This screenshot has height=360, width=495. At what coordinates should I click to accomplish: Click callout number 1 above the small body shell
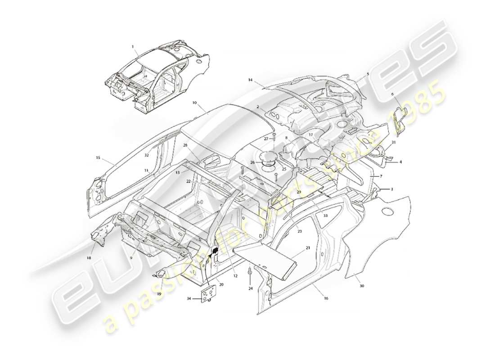coord(133,47)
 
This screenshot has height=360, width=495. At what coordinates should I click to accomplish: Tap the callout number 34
coord(189,298)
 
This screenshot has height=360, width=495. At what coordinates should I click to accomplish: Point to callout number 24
coord(251,288)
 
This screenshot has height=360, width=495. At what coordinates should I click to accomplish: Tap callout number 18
coord(89,258)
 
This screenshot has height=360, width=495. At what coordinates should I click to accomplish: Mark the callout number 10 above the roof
coord(194,103)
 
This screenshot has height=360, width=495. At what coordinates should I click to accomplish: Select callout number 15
coord(98,158)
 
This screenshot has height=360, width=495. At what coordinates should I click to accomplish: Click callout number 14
coord(250,80)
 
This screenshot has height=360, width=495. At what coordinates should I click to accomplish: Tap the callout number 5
coord(368,74)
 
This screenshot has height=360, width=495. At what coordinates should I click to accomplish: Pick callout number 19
coord(159,294)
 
